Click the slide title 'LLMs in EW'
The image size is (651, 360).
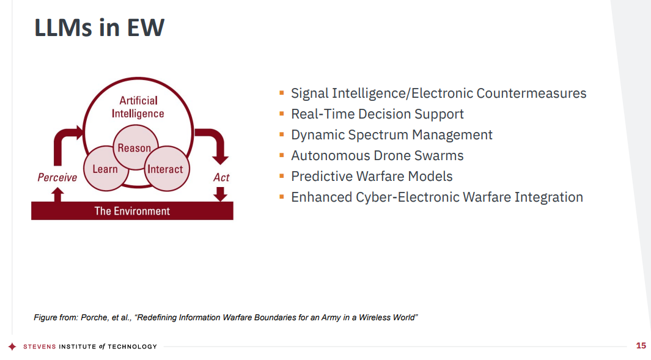tap(99, 28)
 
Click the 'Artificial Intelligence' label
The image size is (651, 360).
tap(138, 107)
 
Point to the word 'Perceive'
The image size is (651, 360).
tap(57, 178)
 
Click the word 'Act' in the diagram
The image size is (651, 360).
tap(221, 178)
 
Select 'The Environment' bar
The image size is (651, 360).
tap(132, 211)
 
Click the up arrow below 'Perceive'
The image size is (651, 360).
tap(57, 195)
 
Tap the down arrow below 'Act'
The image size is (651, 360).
tap(221, 194)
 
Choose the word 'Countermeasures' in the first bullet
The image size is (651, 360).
tap(531, 94)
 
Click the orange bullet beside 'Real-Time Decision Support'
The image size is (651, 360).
tap(282, 113)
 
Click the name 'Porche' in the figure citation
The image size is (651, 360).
tap(94, 318)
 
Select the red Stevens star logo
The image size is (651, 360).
tap(12, 347)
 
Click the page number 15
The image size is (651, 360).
tap(641, 345)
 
